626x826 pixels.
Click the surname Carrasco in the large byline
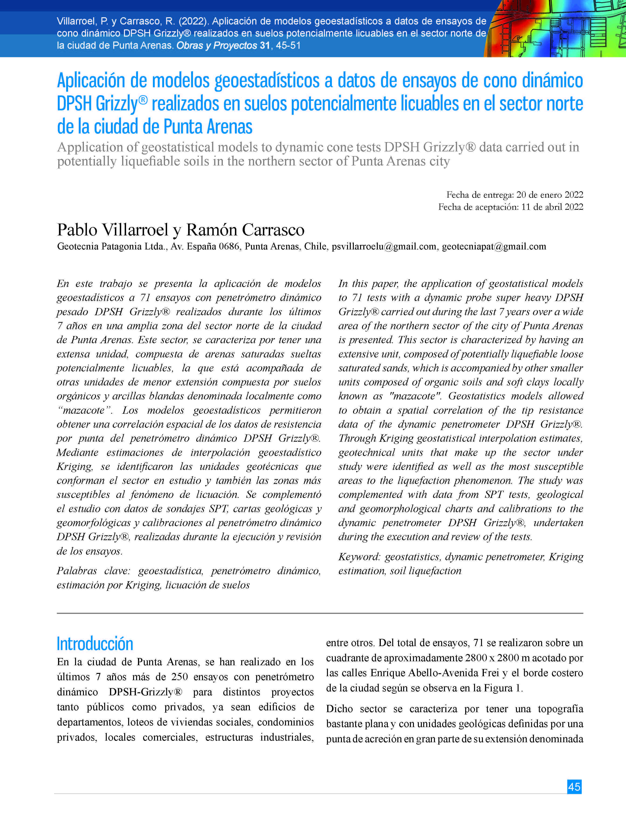pyautogui.click(x=273, y=230)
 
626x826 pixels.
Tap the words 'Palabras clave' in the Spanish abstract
pyautogui.click(x=93, y=570)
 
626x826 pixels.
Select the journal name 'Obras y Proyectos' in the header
pyautogui.click(x=216, y=45)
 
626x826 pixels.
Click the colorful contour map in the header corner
pyautogui.click(x=556, y=29)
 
